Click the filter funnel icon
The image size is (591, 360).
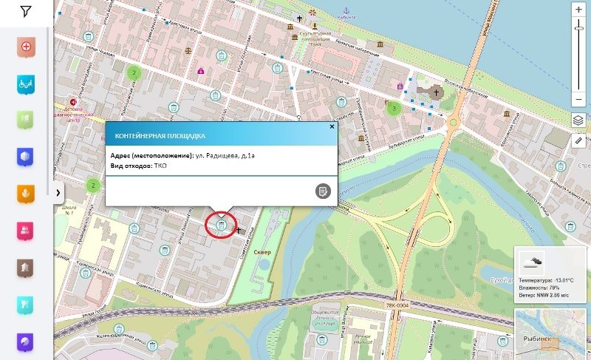tap(26, 12)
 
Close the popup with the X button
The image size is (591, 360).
tap(332, 126)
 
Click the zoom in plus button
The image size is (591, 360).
tap(578, 10)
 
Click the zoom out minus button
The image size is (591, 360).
tap(578, 99)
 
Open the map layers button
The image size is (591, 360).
tap(578, 120)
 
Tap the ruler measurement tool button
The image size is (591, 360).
tap(578, 140)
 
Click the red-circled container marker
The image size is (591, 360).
tap(221, 225)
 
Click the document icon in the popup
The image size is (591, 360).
tap(322, 191)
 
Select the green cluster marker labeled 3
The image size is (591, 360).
tap(394, 108)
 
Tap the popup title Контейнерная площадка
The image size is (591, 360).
tap(160, 136)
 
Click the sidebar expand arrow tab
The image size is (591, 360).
tap(58, 192)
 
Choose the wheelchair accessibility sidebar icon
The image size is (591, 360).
tap(26, 84)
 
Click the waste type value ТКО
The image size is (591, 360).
tap(160, 166)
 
